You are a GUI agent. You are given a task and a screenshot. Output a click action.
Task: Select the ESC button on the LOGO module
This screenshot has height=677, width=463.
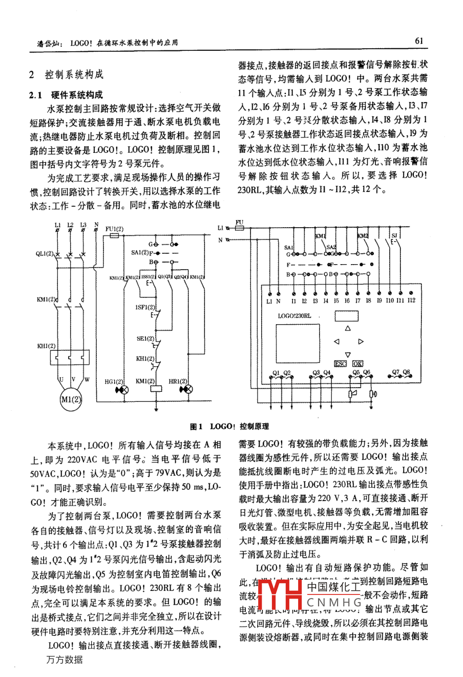point(341,364)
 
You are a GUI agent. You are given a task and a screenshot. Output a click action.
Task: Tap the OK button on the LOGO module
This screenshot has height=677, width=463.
point(357,364)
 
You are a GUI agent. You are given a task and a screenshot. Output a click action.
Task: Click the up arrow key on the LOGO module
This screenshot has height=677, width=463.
point(348,329)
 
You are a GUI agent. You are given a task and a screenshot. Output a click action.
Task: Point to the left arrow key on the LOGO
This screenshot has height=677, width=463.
point(336,341)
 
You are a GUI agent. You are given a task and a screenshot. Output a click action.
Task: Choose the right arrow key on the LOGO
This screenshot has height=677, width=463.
point(361,341)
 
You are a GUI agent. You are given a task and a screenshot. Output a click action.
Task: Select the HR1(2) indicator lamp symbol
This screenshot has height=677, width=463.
point(188,390)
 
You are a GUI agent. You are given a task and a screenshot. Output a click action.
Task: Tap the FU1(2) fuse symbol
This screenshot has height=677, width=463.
point(114,236)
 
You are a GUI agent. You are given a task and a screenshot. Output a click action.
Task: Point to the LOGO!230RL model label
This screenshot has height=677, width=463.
point(294,316)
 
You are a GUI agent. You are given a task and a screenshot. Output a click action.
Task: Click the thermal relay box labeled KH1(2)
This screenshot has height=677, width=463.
point(68,355)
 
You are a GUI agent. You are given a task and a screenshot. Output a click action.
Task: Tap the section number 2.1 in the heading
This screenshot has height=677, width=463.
point(35,95)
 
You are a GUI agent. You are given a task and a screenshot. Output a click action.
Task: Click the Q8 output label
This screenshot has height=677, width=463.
point(407,372)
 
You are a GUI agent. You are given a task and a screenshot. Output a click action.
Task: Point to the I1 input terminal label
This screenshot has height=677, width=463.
point(293,301)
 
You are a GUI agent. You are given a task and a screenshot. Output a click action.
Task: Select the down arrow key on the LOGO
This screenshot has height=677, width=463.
point(348,354)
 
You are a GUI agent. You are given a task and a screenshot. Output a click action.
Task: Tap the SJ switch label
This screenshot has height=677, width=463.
point(394,236)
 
